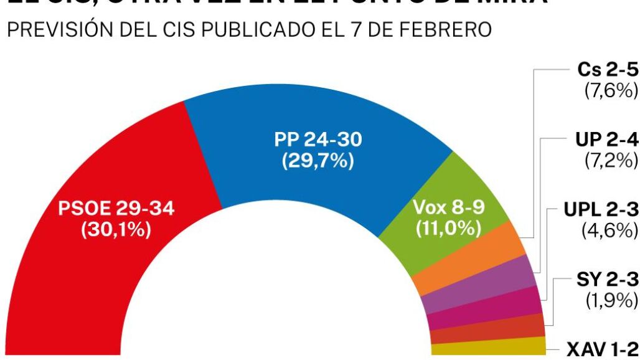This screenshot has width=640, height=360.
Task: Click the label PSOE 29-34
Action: pos(116,209)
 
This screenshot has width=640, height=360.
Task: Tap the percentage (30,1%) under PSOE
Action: pos(116,229)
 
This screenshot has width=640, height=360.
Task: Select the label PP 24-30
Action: pos(318,140)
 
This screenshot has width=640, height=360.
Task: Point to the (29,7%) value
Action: pos(318,161)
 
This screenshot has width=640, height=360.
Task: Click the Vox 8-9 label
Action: pos(448,208)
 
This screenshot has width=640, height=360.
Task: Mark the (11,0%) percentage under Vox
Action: pos(448,229)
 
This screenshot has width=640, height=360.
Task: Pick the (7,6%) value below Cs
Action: pos(611,91)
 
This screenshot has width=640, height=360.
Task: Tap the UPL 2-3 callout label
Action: pos(601,209)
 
